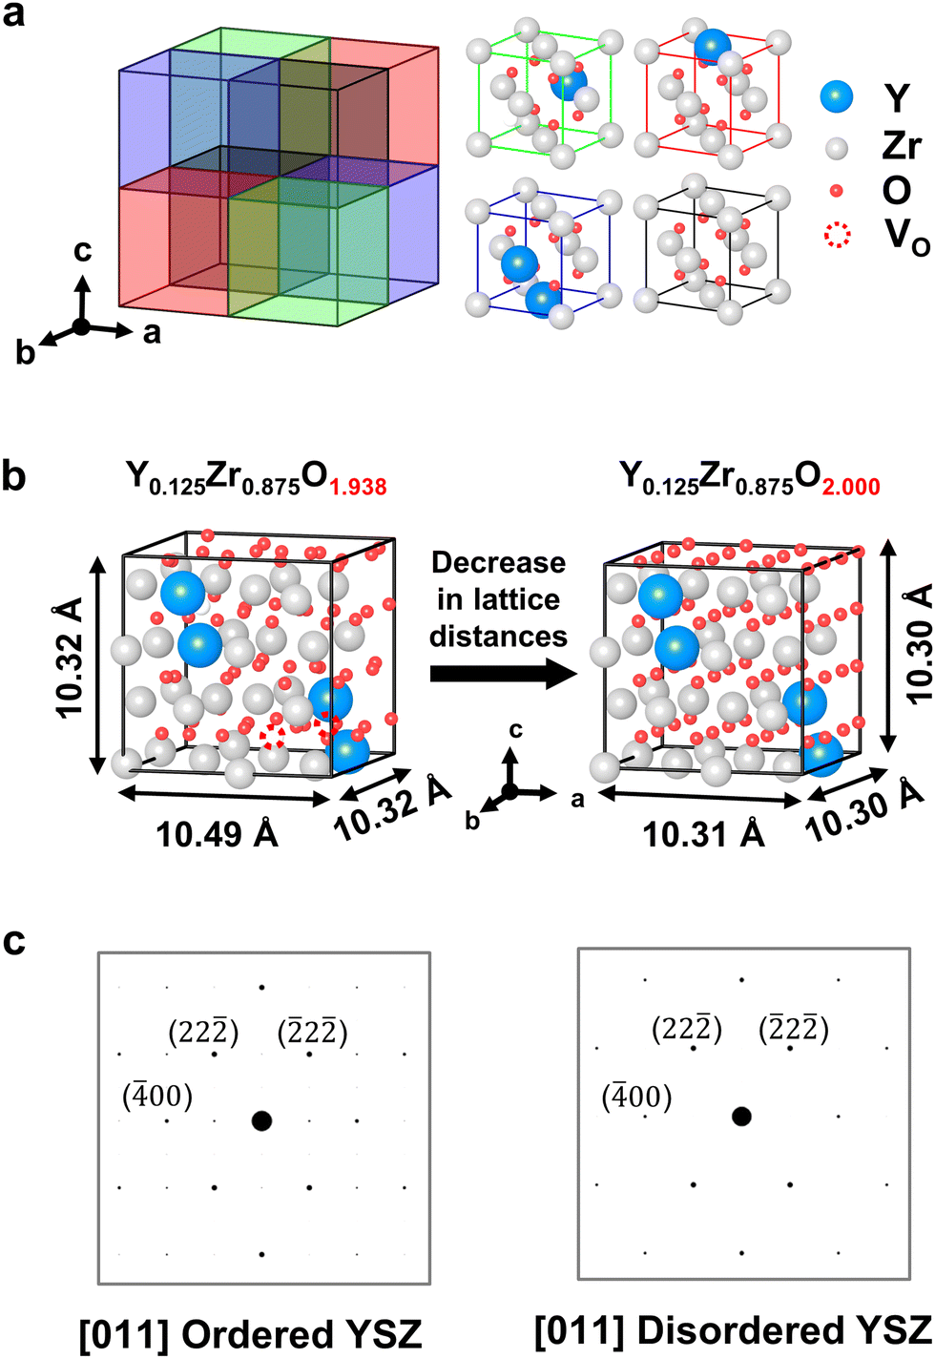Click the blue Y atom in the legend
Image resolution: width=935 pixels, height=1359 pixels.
point(837,96)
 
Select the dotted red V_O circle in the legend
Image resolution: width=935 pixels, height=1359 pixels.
point(837,236)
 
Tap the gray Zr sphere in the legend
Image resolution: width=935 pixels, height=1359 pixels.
point(837,147)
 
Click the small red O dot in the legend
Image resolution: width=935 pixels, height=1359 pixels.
point(837,191)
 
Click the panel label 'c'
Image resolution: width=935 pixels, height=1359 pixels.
point(13,940)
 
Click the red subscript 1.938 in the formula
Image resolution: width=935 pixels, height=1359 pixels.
point(358,487)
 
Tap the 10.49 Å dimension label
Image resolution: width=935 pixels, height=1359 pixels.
point(217,834)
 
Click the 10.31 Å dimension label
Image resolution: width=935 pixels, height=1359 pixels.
point(703,834)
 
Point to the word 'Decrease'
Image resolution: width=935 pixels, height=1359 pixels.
point(498,562)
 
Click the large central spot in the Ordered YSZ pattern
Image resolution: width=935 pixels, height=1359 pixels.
point(261,1120)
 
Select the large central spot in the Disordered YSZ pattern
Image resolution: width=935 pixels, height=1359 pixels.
point(741,1116)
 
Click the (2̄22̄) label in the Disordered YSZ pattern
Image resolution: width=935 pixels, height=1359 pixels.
point(793,1029)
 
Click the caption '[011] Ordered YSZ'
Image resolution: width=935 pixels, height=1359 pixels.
point(250,1334)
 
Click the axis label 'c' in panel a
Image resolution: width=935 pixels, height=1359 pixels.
point(83,251)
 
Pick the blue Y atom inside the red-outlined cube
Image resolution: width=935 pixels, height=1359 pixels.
point(712,46)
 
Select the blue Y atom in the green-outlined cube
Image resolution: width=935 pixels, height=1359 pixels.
point(567,83)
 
